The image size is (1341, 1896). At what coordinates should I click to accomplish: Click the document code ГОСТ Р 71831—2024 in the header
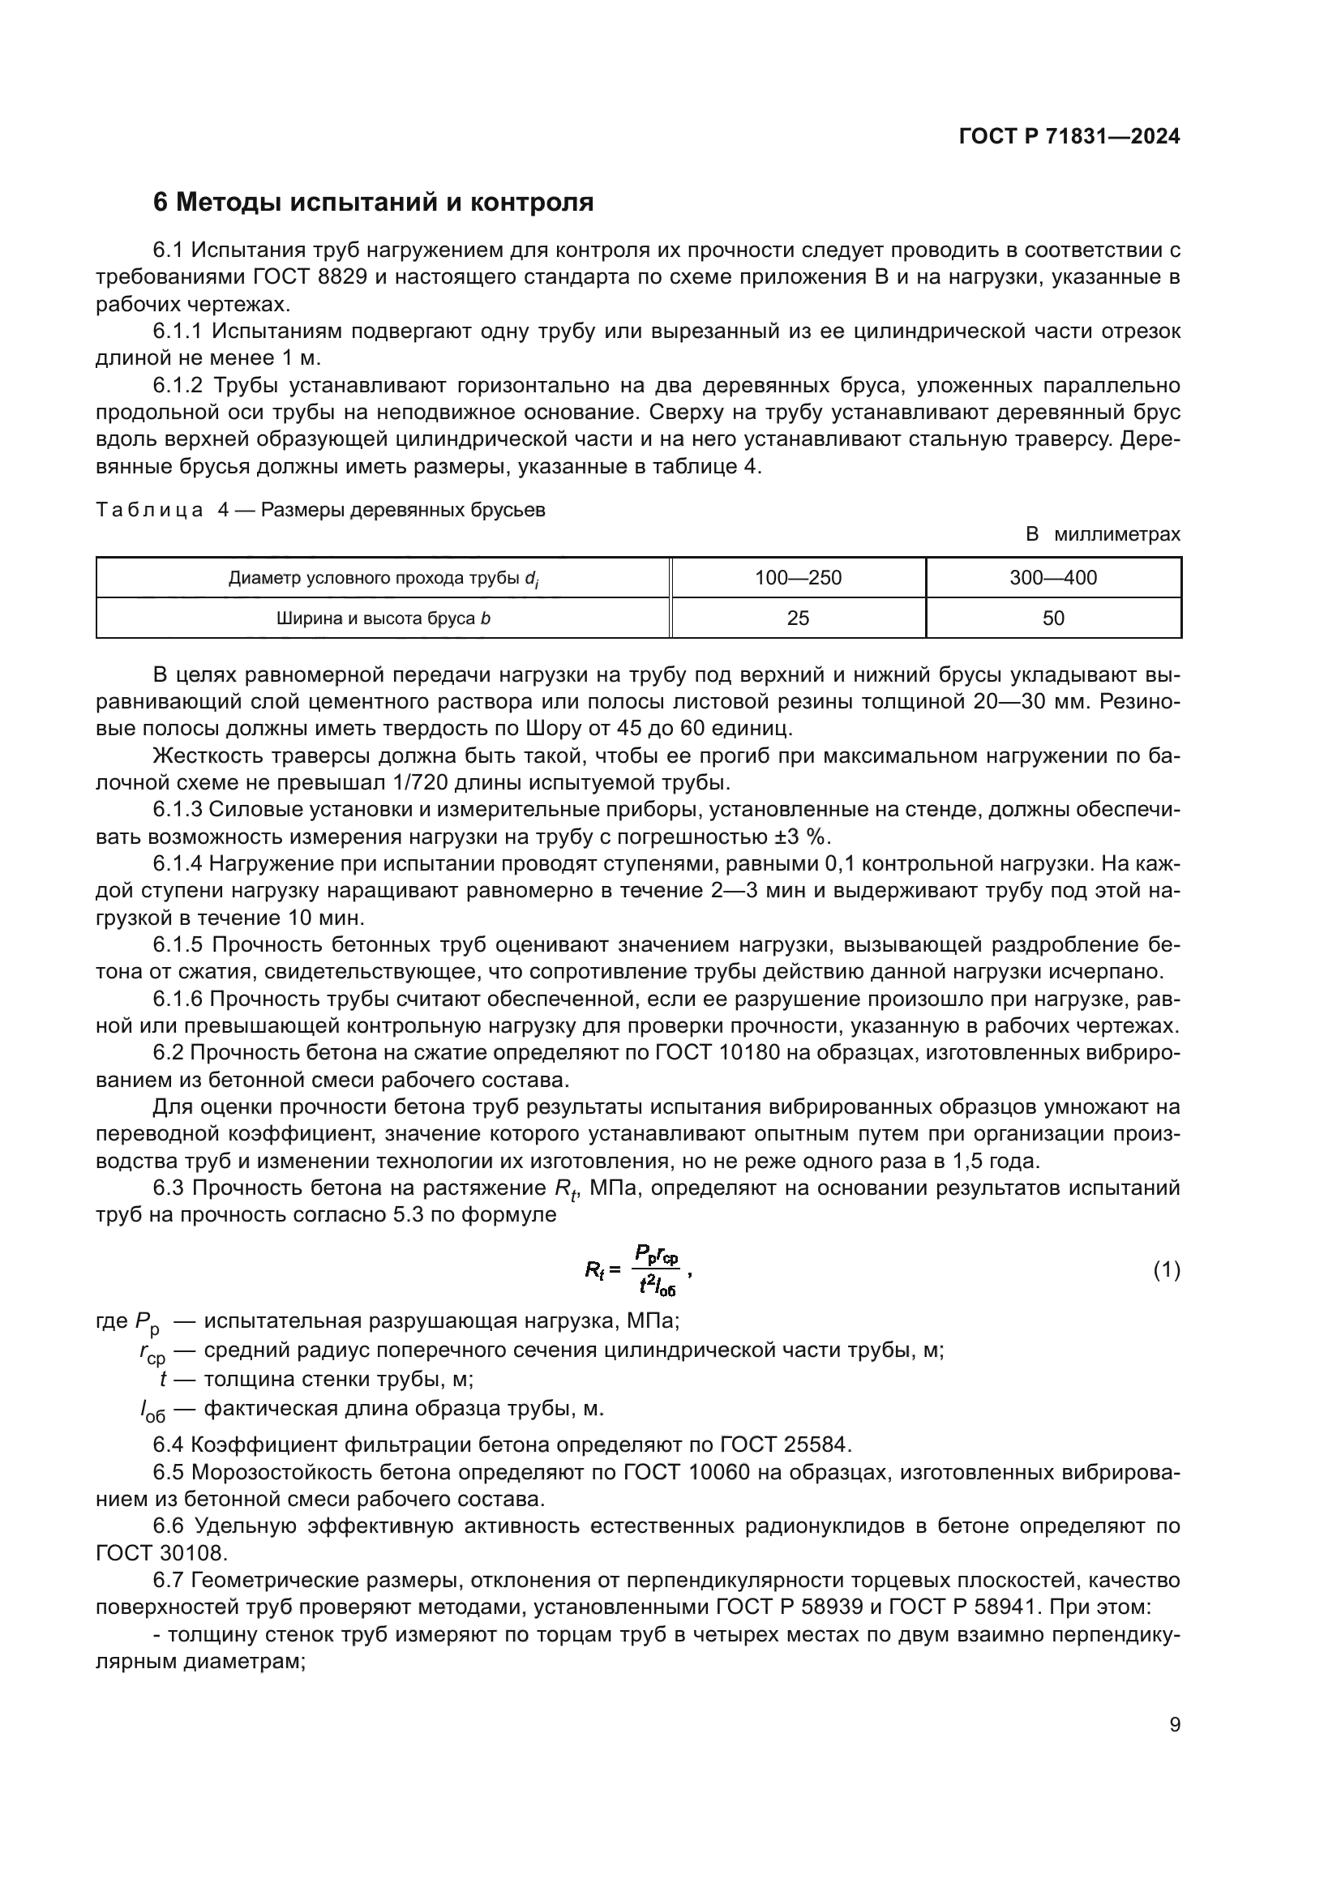[1069, 136]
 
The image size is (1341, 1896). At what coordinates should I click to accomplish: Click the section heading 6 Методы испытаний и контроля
[373, 203]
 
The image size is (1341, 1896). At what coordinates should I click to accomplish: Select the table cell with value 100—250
[798, 577]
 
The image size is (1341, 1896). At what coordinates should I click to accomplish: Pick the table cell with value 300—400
[1053, 577]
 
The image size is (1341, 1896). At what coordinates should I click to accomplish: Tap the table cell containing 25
[798, 618]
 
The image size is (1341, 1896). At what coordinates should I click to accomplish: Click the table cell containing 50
[1053, 618]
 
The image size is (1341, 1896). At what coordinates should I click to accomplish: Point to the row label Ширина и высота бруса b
[383, 618]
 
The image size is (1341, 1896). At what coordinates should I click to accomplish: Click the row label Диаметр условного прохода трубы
[383, 578]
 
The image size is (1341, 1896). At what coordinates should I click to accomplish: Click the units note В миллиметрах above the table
[1103, 534]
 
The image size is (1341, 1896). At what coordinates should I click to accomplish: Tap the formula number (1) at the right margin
[1166, 1270]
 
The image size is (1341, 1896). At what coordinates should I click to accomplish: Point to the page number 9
[1174, 1725]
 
